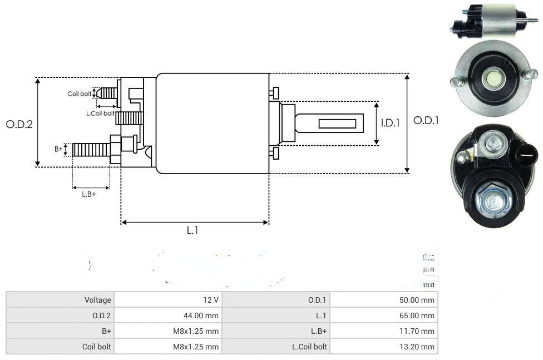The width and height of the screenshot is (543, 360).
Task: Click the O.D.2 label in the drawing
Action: point(19,124)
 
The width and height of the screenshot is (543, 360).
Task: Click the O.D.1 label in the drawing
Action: point(426,120)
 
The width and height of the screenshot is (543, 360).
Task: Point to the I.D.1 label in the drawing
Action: point(390,123)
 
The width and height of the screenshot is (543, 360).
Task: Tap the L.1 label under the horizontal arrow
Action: point(192,230)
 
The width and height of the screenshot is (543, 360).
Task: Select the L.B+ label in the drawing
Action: point(89,194)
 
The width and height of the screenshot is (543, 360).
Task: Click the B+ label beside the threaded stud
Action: point(58,149)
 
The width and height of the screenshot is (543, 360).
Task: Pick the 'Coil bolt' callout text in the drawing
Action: point(80,93)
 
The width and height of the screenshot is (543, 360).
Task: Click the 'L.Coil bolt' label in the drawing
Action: point(100,114)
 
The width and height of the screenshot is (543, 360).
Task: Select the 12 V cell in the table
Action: point(211,300)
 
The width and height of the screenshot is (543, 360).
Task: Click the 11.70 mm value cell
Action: point(417,331)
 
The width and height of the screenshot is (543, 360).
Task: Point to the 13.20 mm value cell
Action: point(417,347)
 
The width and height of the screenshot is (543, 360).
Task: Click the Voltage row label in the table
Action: point(98,300)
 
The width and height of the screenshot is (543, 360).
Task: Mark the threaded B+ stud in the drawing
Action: point(91,150)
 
